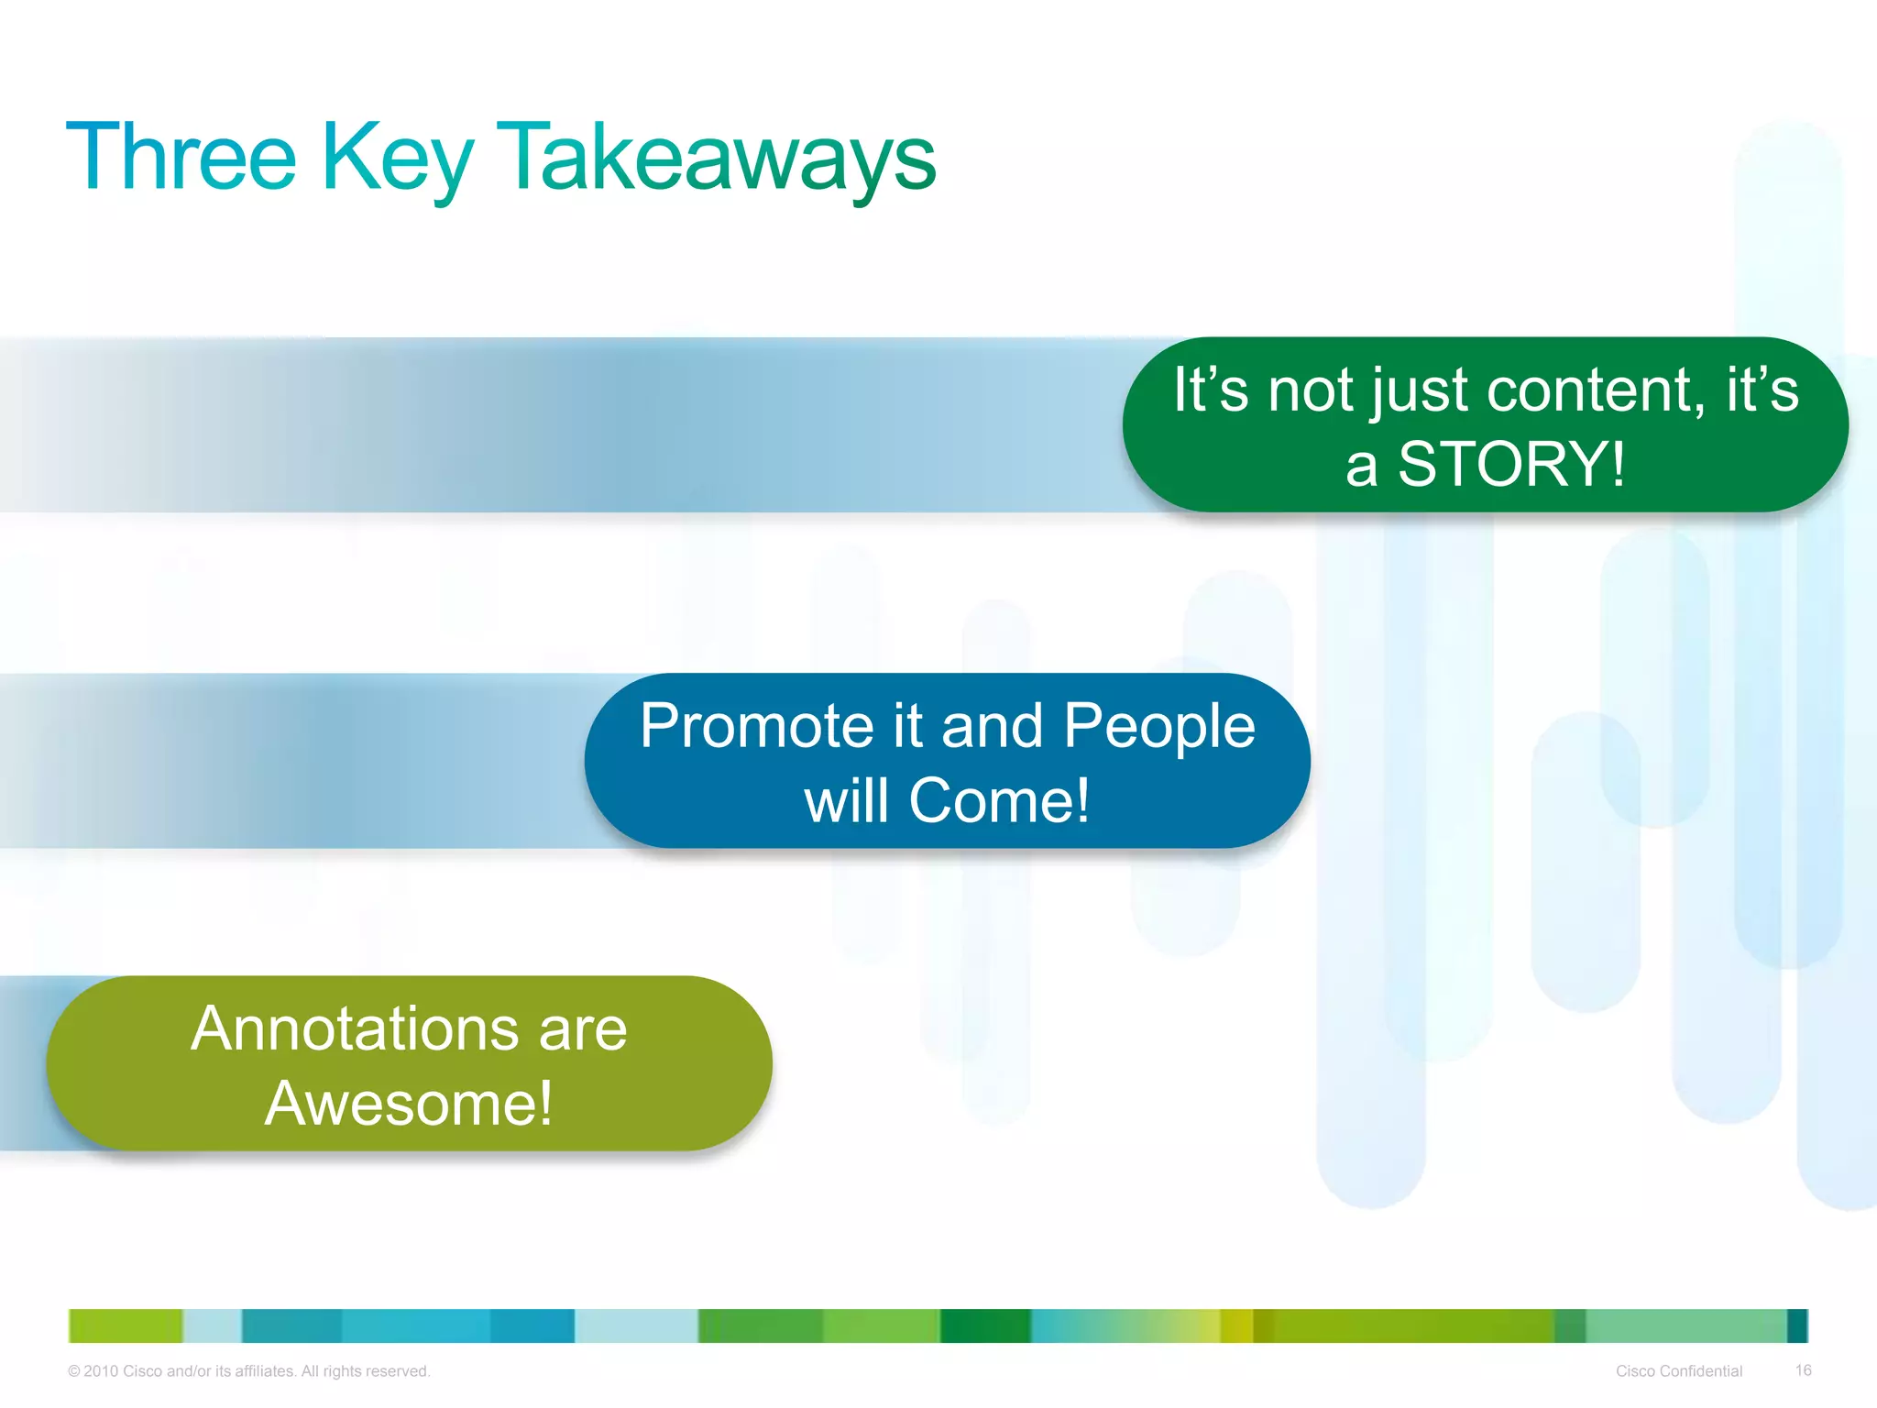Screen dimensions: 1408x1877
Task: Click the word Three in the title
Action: [181, 158]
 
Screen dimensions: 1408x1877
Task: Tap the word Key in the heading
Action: [396, 158]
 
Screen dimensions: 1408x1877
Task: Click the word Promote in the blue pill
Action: [757, 726]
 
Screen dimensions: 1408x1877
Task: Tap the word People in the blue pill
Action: [1159, 726]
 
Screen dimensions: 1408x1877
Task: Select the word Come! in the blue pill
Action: [999, 800]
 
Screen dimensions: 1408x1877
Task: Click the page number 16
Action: [1803, 1370]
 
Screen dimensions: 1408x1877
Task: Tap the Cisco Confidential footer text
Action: [1678, 1371]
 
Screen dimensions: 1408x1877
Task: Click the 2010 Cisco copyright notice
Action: [248, 1371]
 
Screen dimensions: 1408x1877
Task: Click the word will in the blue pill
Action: [846, 800]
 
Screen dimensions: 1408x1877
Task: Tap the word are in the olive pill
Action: [583, 1028]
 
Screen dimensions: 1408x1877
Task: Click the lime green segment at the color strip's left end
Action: [126, 1325]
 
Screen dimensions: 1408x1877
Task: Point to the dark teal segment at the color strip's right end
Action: [1797, 1325]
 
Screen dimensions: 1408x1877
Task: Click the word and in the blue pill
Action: [993, 726]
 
